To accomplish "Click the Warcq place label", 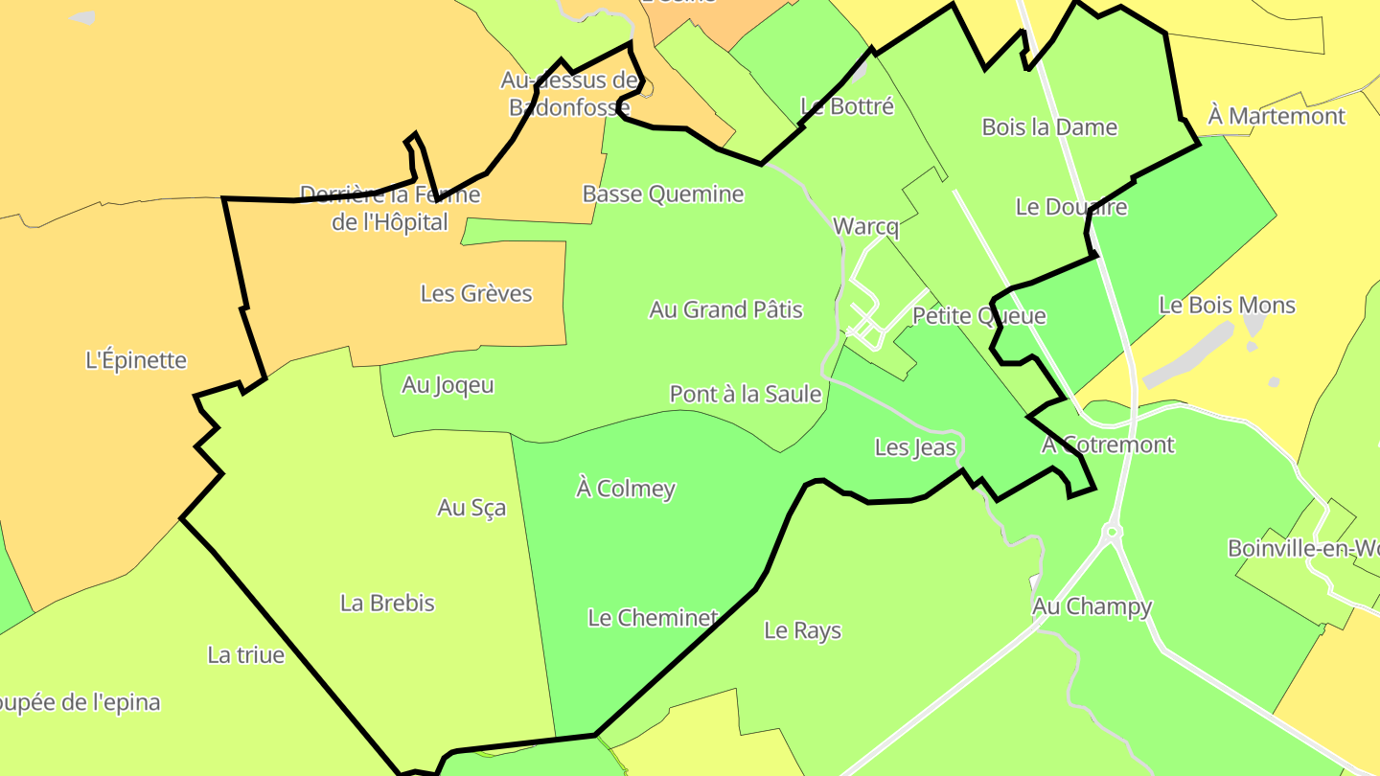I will tap(866, 227).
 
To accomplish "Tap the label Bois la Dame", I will tap(1049, 126).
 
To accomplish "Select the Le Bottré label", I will tap(847, 106).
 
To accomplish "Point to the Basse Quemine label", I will tap(663, 194).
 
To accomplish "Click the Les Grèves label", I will tap(476, 293).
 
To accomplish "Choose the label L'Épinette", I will tap(136, 361).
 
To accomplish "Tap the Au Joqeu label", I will tap(448, 385).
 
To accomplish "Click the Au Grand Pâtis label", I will tap(725, 309).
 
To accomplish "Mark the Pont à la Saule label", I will tap(746, 394).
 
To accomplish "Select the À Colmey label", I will tap(626, 489).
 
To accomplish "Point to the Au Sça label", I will tap(471, 508).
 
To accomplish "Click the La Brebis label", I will tap(387, 604).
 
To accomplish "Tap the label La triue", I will tap(246, 655).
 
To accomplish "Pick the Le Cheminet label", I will tap(653, 618).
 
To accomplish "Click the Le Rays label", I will tap(803, 630).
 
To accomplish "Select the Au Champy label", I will tap(1092, 606).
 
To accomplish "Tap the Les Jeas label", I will tap(915, 447).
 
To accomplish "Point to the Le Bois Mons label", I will tap(1227, 306).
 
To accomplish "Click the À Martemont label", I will tap(1276, 117).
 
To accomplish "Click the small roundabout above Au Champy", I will tap(1113, 531).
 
